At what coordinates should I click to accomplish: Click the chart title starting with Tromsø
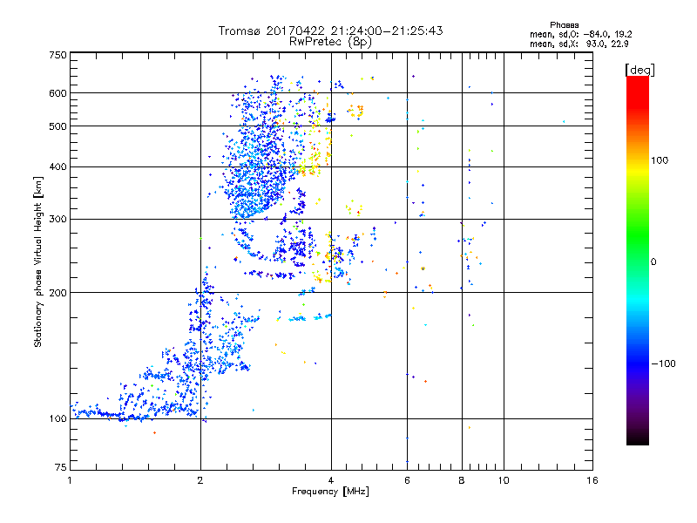click(x=330, y=31)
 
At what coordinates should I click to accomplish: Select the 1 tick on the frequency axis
click(x=70, y=480)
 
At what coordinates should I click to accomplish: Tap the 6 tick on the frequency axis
click(x=407, y=480)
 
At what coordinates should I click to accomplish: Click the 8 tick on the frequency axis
click(x=462, y=480)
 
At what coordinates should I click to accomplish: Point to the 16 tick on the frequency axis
click(x=592, y=480)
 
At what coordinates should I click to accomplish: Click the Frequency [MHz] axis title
click(x=330, y=492)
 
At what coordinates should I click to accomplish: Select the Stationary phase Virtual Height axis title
click(x=38, y=262)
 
